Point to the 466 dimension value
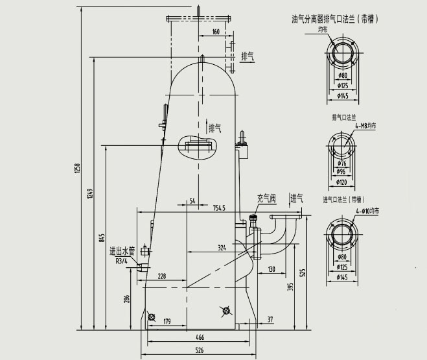click(201, 338)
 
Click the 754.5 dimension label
click(218, 208)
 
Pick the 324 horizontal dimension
click(222, 248)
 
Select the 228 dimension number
click(161, 276)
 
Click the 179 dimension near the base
click(167, 321)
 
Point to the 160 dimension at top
click(216, 31)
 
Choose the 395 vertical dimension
click(291, 286)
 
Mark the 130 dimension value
click(271, 269)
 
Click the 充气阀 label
click(266, 198)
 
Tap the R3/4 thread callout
click(122, 261)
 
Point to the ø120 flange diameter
click(342, 183)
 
